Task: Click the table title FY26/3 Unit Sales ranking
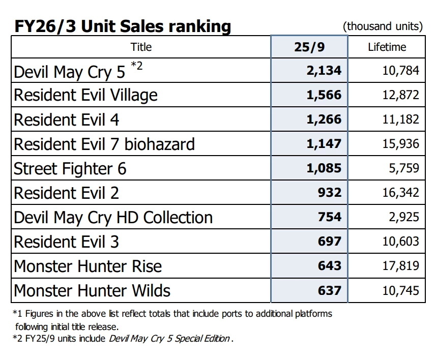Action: click(x=122, y=26)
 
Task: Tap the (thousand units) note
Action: click(x=383, y=26)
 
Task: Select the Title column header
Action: click(x=141, y=47)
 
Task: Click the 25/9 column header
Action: click(x=309, y=47)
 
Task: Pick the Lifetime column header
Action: click(x=387, y=47)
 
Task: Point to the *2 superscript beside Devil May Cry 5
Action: click(x=136, y=65)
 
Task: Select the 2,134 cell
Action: click(x=324, y=71)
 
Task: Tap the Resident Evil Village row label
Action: click(x=85, y=96)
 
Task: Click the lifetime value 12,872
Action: click(x=401, y=95)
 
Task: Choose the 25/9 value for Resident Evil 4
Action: click(x=324, y=119)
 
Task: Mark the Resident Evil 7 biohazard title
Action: click(x=104, y=144)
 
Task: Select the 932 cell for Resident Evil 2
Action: click(x=330, y=193)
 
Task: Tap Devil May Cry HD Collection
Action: click(x=113, y=218)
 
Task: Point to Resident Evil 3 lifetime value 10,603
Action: click(x=401, y=242)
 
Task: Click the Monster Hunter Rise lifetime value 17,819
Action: click(x=401, y=266)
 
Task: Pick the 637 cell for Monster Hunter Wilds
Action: click(x=330, y=291)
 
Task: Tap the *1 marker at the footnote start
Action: click(x=17, y=314)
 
